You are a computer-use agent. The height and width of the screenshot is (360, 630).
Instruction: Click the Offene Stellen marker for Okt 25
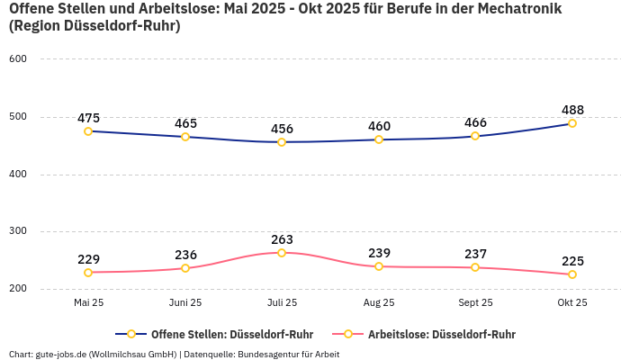572,123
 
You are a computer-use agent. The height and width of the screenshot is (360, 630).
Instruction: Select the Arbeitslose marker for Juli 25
282,253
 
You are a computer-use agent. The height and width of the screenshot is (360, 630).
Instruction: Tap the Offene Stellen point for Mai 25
88,131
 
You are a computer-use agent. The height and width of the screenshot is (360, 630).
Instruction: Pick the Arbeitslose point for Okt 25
572,274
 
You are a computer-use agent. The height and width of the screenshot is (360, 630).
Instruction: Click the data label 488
572,110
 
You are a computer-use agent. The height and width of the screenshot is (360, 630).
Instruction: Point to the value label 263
282,239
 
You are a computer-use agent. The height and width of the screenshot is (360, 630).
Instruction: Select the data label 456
282,129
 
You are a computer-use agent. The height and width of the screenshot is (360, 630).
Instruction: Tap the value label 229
88,259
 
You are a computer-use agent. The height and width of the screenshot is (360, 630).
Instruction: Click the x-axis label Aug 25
379,302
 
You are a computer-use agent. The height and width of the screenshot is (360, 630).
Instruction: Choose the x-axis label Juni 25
185,302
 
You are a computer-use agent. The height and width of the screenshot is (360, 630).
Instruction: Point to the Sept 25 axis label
475,302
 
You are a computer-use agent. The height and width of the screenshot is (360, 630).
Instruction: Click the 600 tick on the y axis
18,59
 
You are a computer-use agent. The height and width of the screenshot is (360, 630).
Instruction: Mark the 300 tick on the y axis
18,231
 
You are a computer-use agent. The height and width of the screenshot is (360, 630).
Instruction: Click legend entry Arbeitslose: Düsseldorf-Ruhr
441,334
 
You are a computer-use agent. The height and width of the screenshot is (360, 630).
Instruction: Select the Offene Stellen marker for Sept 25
475,136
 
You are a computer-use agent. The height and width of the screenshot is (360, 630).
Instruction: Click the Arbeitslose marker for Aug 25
379,266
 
